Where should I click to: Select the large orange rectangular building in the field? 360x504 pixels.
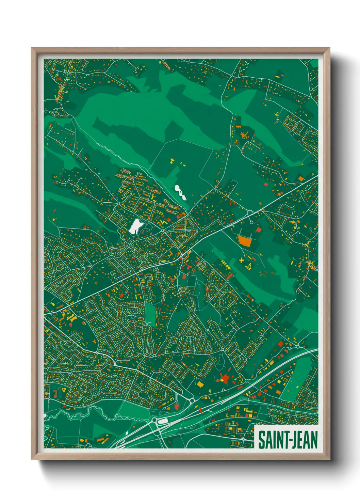244,241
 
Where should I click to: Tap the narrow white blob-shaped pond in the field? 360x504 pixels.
180,192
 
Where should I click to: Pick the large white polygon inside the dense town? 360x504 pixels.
136,226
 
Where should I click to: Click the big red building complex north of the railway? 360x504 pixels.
224,378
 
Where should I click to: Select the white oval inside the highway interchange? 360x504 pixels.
163,421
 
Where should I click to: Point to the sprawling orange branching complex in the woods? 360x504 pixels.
244,134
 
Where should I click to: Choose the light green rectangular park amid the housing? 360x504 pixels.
150,313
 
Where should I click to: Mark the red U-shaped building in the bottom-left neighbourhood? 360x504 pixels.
54,394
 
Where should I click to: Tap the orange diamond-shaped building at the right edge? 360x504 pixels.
301,178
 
